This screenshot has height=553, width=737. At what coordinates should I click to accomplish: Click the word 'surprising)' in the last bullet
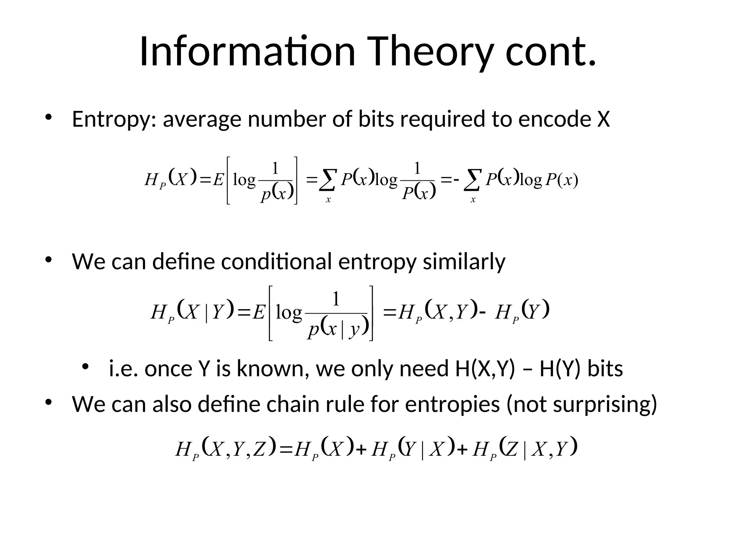click(x=605, y=404)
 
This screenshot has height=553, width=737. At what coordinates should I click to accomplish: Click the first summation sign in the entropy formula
click(x=328, y=180)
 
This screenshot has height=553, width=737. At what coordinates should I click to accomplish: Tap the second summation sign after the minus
click(x=473, y=180)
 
